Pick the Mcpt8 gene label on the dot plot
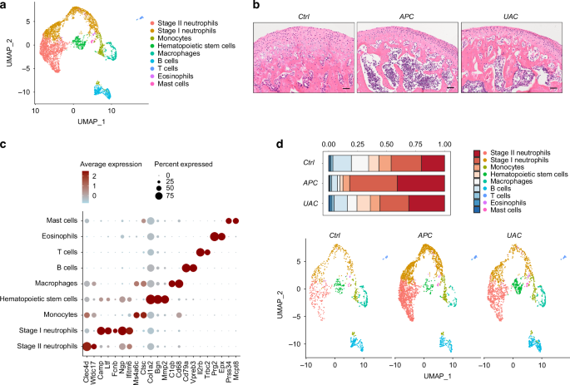tap(236, 373)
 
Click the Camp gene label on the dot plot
tap(101, 372)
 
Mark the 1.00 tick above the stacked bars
tap(444, 142)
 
